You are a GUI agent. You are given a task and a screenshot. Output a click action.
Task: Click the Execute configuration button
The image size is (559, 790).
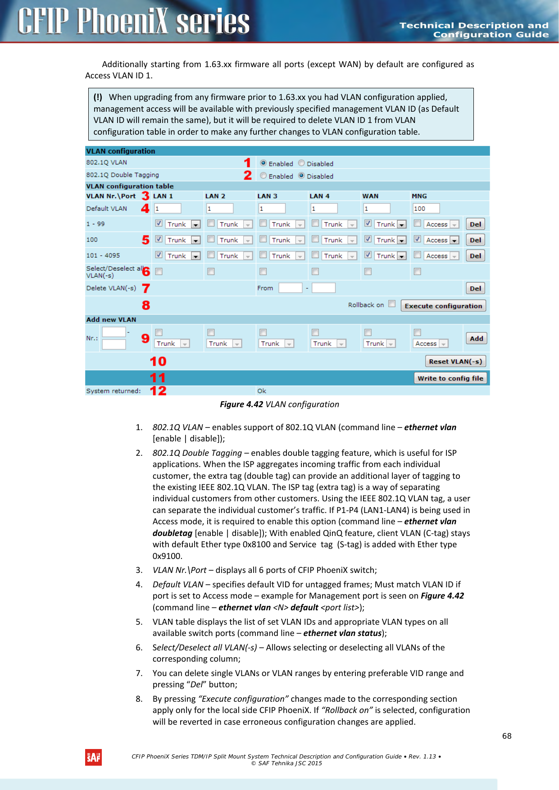[443, 306]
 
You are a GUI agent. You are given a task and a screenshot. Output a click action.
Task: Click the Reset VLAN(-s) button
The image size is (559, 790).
[455, 361]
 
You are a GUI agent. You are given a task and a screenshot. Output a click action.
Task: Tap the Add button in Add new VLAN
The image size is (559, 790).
[476, 339]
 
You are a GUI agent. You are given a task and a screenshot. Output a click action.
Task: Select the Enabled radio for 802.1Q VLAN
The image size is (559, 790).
[264, 163]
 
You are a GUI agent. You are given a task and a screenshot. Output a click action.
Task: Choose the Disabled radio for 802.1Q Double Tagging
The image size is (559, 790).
[301, 176]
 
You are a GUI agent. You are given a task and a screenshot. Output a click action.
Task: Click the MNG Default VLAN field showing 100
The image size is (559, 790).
[426, 209]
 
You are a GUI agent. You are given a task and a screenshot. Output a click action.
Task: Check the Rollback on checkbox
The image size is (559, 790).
[392, 304]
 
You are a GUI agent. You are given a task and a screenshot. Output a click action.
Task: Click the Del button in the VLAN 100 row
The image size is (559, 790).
[475, 240]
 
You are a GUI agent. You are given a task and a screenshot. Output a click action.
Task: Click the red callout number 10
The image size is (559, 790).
[158, 361]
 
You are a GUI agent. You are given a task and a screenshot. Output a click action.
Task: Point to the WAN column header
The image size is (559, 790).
[370, 196]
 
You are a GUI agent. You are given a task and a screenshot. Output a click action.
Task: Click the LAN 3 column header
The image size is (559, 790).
[267, 196]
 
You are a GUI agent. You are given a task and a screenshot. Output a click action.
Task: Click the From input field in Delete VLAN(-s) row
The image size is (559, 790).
[290, 288]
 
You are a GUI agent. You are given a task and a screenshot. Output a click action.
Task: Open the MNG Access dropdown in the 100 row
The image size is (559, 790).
[454, 240]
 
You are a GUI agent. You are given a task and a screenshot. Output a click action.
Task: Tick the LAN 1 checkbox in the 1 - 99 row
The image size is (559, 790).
[159, 223]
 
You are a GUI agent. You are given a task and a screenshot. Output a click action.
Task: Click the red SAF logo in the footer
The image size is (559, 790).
[93, 758]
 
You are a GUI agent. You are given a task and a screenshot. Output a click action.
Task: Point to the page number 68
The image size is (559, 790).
[507, 736]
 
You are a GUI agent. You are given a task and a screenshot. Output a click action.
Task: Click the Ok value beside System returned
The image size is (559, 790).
[262, 391]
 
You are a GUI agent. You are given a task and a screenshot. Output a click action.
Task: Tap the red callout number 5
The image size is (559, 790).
[145, 240]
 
